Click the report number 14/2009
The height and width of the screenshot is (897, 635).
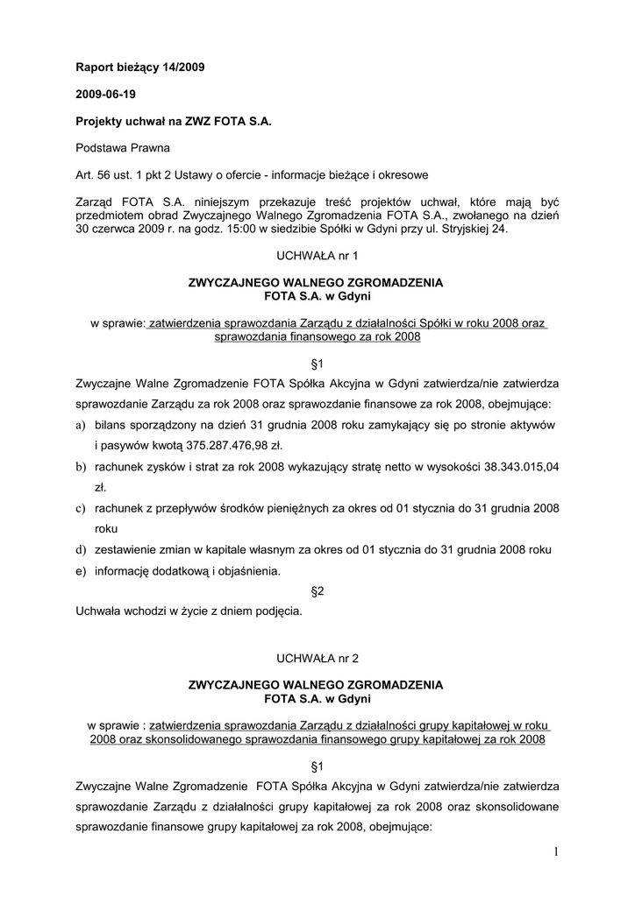182,67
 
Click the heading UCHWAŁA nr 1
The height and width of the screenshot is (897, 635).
317,256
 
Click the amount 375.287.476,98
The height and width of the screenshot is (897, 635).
226,445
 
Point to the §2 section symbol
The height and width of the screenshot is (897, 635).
317,592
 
